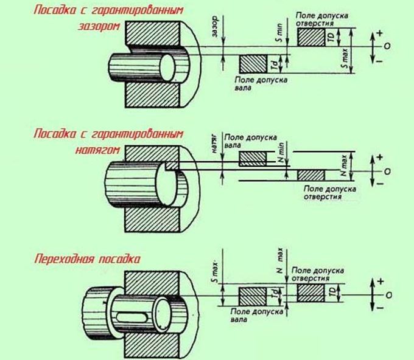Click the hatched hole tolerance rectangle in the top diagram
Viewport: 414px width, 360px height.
pos(310,37)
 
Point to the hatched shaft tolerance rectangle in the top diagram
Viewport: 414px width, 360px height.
pos(252,64)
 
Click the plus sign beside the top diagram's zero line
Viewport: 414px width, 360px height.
pos(380,32)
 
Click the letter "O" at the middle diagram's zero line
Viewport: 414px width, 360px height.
pos(388,171)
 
